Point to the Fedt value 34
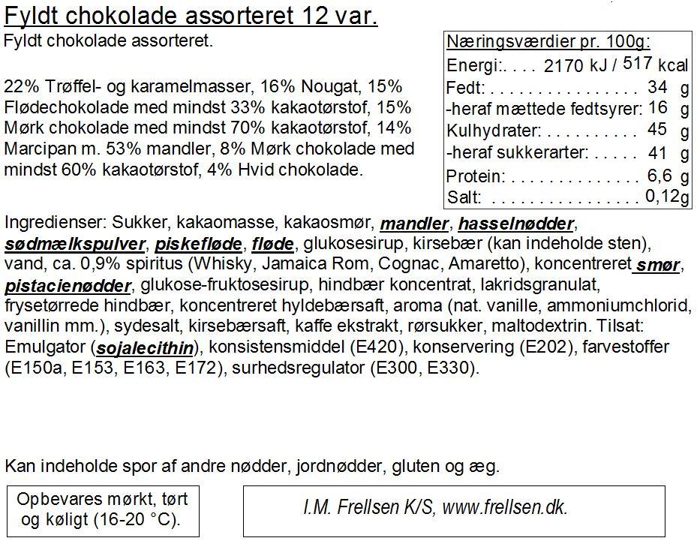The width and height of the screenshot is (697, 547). (657, 87)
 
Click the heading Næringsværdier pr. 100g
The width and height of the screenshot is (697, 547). (548, 41)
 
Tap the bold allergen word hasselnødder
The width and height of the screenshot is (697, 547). (516, 224)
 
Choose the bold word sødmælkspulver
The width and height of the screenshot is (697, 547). (75, 245)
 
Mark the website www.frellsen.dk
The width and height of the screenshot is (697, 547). (504, 507)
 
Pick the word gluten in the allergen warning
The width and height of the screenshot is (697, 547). (414, 467)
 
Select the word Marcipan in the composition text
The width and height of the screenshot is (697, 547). (34, 149)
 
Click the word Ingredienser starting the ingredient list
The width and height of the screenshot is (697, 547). (55, 224)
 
